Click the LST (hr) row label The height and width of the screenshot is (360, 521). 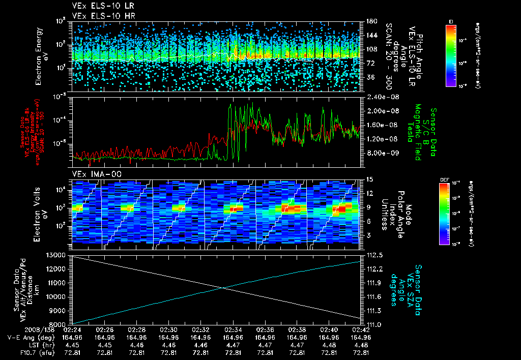click(40, 345)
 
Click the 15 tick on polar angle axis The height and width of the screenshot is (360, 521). click(364, 179)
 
